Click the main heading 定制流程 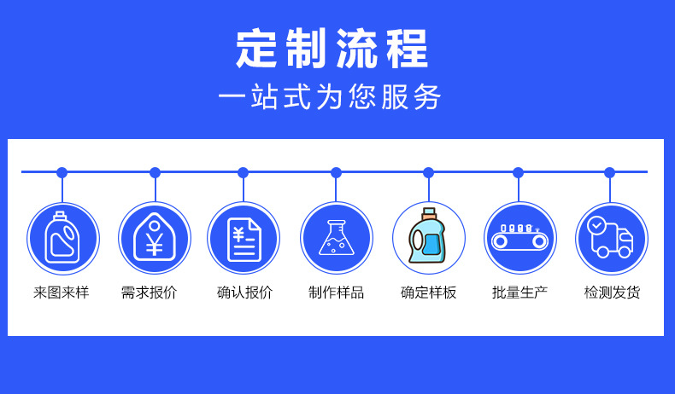click(x=332, y=49)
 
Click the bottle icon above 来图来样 click(x=62, y=238)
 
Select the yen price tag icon click(x=155, y=238)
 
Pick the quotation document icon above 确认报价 click(x=244, y=238)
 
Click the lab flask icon click(x=336, y=238)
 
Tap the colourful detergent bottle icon click(x=428, y=238)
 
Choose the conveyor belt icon click(x=519, y=238)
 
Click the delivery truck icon click(x=611, y=238)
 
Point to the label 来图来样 click(x=62, y=293)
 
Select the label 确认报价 click(x=244, y=293)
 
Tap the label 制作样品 click(x=336, y=293)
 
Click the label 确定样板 click(x=428, y=293)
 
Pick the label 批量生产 click(x=519, y=293)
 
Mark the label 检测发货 click(x=612, y=293)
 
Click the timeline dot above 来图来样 click(x=62, y=172)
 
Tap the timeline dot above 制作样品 click(x=336, y=172)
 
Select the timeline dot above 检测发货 click(x=609, y=172)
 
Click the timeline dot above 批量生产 click(x=518, y=172)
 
